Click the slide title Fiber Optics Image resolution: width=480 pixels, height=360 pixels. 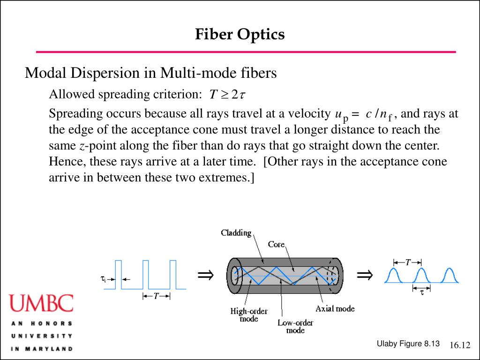(240, 34)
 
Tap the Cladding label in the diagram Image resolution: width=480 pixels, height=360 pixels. (237, 233)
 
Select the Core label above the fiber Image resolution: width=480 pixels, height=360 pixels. (277, 244)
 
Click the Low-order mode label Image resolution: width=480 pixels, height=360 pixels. (295, 326)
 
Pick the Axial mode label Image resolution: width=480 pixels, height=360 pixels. (335, 308)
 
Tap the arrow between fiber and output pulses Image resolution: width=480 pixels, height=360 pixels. (364, 275)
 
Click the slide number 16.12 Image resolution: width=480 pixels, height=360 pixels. (459, 345)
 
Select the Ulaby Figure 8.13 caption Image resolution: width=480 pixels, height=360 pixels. (408, 344)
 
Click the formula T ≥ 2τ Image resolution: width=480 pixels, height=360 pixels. (227, 95)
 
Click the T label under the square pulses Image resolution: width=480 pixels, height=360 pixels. (156, 296)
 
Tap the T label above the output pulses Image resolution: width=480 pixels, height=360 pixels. (408, 262)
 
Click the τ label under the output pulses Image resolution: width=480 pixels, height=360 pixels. (422, 292)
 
